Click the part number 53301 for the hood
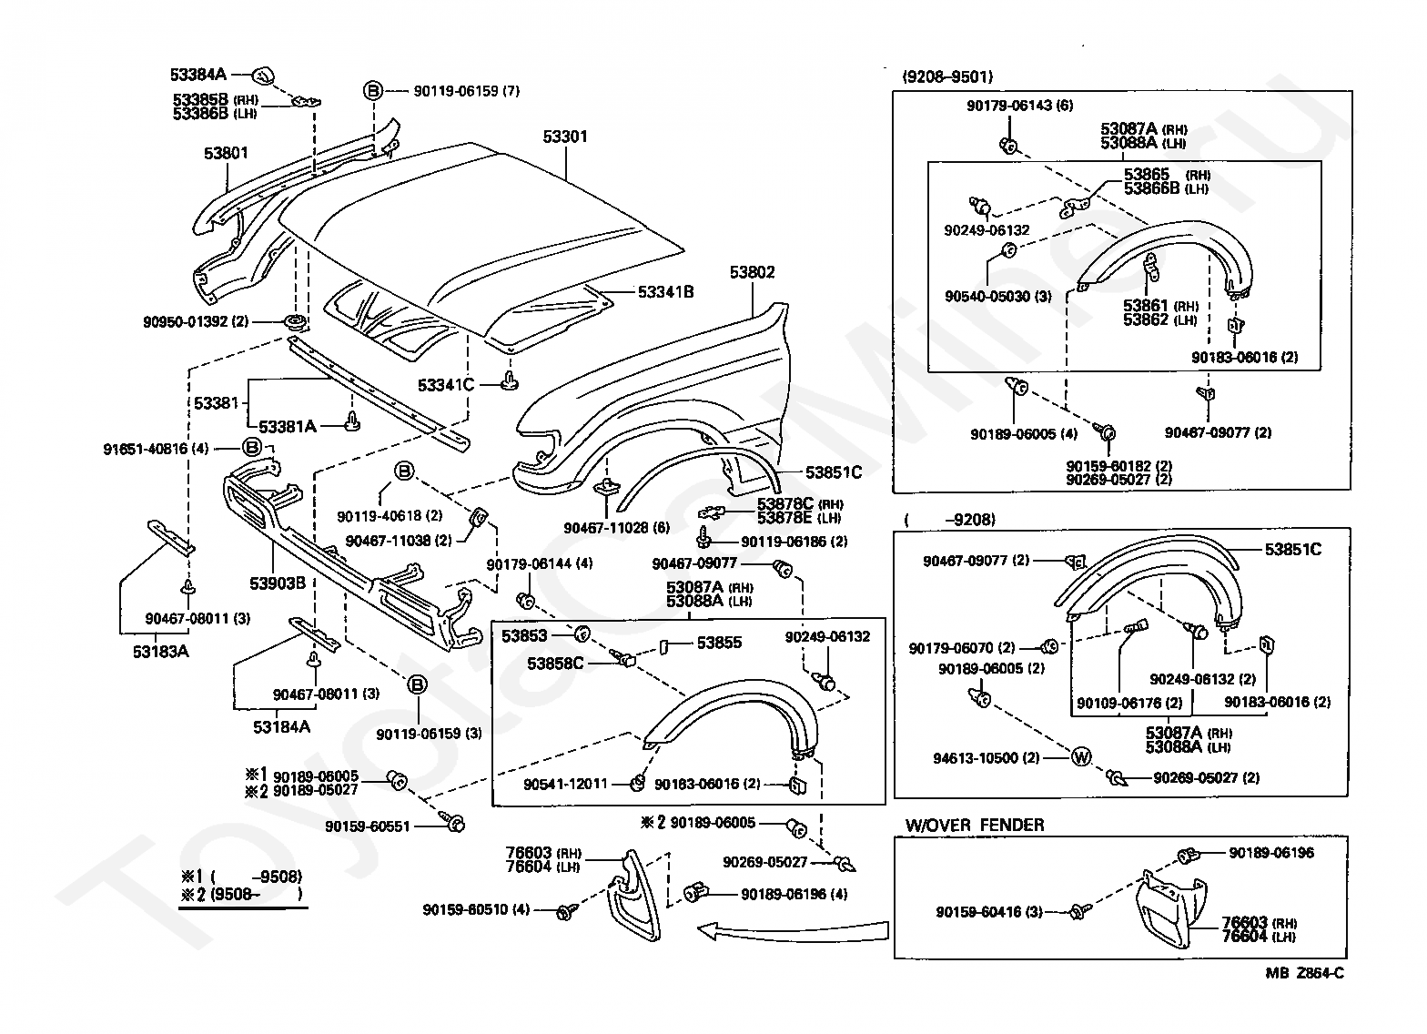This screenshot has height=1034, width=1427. [564, 137]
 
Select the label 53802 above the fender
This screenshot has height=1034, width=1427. [752, 272]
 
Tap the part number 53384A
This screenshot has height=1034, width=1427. [198, 75]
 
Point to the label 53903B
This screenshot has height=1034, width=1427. [277, 583]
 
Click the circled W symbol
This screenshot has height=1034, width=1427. [1080, 757]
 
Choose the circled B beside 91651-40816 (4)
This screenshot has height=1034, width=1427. [252, 447]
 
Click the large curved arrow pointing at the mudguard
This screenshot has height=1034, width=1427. [794, 931]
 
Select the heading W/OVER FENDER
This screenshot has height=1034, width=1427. [975, 825]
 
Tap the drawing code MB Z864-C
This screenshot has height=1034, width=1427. [1304, 973]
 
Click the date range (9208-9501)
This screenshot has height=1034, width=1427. [947, 77]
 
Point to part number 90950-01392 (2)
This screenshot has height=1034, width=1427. [196, 321]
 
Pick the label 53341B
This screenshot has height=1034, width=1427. [666, 292]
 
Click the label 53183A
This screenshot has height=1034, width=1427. [160, 652]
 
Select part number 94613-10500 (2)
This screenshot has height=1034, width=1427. [987, 758]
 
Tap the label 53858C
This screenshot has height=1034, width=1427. [555, 664]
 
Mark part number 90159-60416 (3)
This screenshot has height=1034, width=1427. [988, 912]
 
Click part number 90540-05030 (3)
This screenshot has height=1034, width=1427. [997, 296]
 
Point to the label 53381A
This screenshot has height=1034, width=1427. [288, 426]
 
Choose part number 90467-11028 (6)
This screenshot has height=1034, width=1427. [617, 528]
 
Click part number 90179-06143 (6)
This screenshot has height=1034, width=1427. [1020, 106]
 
